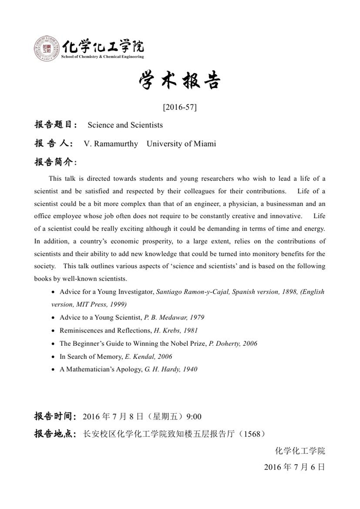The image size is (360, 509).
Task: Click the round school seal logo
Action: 47,49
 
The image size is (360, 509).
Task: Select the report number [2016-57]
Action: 179,108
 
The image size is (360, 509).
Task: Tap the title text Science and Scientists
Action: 125,125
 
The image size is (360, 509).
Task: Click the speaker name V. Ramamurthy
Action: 111,144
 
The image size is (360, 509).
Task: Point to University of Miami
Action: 181,144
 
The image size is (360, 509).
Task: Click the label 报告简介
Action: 56,163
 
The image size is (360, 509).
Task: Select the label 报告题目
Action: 56,125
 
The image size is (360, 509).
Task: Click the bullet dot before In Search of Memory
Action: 54,356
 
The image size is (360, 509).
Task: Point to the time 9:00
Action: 193,416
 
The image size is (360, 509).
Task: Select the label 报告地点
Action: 56,434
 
